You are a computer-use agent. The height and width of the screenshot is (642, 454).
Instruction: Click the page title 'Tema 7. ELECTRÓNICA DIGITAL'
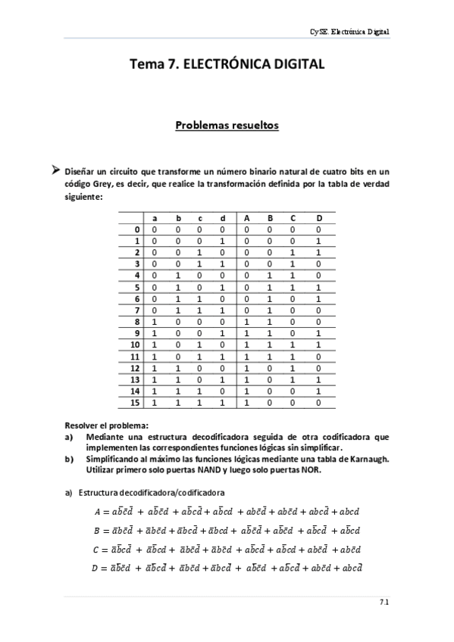(x=227, y=65)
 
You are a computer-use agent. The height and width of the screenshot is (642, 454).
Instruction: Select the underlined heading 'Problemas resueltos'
(x=227, y=124)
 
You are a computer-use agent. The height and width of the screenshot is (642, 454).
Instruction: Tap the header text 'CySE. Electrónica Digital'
(x=351, y=32)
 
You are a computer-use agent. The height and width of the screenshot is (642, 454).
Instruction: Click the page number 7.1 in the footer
(x=384, y=603)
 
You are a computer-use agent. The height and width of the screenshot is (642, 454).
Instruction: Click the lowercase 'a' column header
(x=155, y=218)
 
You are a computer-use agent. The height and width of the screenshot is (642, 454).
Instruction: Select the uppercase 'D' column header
(x=319, y=218)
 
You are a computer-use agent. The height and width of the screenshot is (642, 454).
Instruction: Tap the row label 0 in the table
(x=136, y=230)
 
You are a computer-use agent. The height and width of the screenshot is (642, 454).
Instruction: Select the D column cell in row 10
(x=319, y=345)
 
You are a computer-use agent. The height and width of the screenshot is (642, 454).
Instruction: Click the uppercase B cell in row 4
(x=270, y=276)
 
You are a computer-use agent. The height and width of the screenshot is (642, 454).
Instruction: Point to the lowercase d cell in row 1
(x=222, y=242)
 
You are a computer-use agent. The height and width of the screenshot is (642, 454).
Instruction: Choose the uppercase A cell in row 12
(x=246, y=369)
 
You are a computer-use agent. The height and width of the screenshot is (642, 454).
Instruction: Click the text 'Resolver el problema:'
(x=102, y=425)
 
